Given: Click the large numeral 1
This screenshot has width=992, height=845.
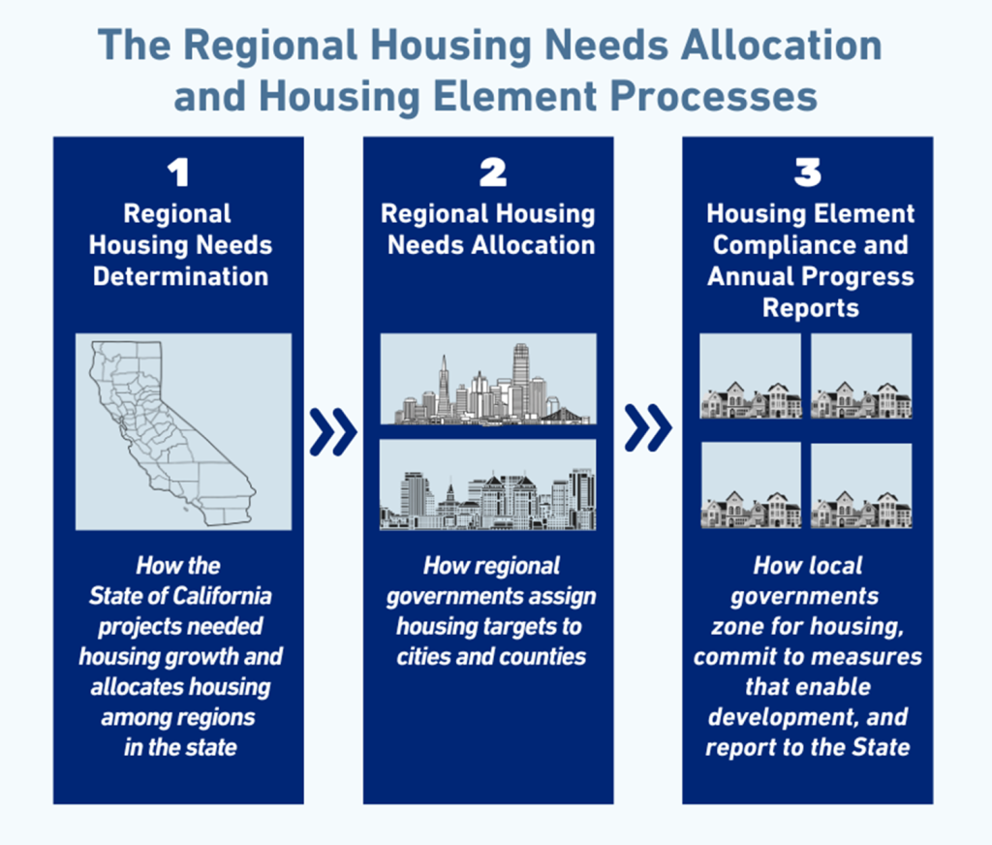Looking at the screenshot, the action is tap(179, 172).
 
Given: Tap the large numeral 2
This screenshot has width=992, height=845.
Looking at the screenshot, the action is tap(493, 172).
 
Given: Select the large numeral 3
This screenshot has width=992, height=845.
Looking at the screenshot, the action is tap(808, 172).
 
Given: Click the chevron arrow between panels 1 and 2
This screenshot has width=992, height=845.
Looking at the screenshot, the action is tap(333, 432).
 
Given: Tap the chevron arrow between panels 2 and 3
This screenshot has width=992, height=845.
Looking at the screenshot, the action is tap(648, 428).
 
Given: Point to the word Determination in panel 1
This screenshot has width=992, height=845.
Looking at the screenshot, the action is tap(181, 276).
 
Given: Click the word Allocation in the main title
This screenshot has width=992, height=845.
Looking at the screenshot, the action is tap(782, 46).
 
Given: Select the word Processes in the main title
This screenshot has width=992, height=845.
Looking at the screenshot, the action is tap(714, 96).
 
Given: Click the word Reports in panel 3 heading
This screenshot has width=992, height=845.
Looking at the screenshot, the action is tap(811, 308).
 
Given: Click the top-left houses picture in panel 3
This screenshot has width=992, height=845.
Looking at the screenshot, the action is tap(751, 376).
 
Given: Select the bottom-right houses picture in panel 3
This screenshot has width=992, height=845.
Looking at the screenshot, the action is tap(861, 485).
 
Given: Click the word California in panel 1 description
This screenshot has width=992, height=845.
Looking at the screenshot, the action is tap(222, 596).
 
